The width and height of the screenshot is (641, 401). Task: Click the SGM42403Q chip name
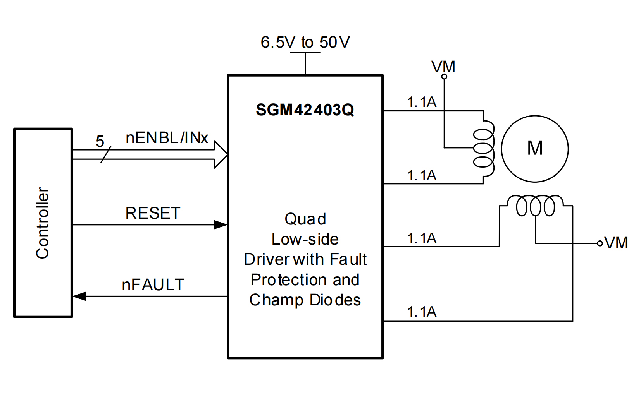(305, 110)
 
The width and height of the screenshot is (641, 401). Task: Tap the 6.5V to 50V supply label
(305, 42)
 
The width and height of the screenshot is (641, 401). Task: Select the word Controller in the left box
(43, 223)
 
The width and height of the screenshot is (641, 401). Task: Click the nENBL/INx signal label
(167, 138)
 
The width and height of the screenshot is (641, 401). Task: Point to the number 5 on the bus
(100, 141)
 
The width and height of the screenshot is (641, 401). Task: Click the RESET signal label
(153, 213)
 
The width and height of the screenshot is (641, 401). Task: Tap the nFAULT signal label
(153, 285)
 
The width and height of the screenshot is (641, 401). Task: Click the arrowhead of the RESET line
(221, 225)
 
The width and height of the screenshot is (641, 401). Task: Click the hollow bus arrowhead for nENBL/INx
(221, 154)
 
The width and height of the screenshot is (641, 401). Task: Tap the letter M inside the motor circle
(535, 148)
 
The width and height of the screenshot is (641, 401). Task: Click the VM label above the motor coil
(443, 67)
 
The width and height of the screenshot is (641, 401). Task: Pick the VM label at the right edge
(616, 243)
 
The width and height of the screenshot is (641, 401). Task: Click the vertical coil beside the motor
(484, 148)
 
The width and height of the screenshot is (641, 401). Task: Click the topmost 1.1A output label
(422, 102)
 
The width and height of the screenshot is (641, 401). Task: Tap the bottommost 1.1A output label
(422, 312)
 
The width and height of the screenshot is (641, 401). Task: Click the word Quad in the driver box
(305, 219)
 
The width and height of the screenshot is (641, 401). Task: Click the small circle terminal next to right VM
(600, 243)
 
